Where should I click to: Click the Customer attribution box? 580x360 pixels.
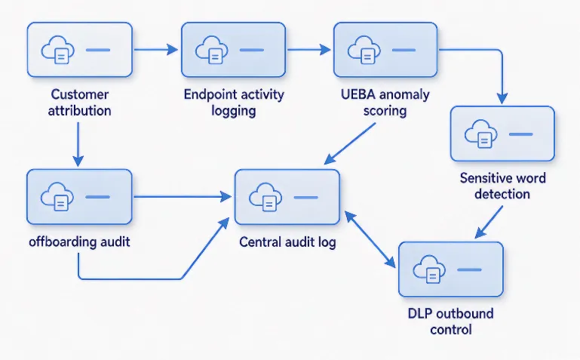coord(79,50)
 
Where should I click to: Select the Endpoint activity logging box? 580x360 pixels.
coord(233,50)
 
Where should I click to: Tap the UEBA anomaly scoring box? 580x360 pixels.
coord(385,50)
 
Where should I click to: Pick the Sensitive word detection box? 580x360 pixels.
coord(502,134)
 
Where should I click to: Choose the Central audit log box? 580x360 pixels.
coord(287,197)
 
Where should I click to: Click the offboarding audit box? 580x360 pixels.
coord(79,197)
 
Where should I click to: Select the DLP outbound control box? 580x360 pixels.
coord(451,269)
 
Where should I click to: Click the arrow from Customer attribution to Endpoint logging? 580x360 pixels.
coord(155,49)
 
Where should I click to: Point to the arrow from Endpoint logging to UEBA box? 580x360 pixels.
coord(309,49)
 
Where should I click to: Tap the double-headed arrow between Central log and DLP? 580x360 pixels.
coord(370,239)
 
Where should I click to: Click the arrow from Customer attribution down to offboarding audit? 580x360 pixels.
coord(78,144)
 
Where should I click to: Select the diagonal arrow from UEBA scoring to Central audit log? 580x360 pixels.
coord(349,143)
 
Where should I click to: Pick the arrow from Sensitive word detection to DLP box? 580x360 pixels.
coord(489,222)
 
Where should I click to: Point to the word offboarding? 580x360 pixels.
coord(58,242)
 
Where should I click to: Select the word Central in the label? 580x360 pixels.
coord(258,242)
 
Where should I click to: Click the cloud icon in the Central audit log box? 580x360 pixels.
coord(265,197)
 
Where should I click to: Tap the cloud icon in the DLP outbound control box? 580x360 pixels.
coord(429,269)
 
